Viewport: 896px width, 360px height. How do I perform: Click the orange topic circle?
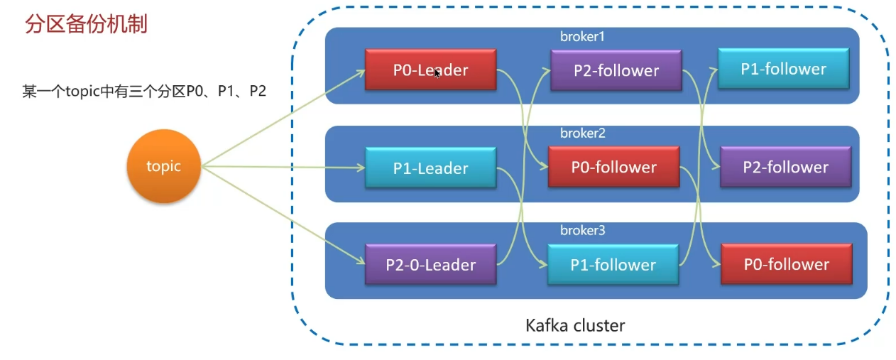tap(164, 167)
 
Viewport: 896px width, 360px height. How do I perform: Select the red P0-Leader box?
tap(430, 70)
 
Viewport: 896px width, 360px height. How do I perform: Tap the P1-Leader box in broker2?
tap(430, 168)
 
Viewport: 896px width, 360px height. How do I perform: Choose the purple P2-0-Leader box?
tap(430, 265)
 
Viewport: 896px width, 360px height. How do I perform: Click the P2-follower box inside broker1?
tap(616, 70)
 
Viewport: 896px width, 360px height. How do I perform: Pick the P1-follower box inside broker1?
tap(783, 69)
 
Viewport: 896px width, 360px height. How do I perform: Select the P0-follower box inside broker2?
tap(613, 167)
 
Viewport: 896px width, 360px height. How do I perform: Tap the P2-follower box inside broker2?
tap(785, 168)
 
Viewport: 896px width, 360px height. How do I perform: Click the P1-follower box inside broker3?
tap(613, 265)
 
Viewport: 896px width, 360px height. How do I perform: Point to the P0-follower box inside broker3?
tap(786, 264)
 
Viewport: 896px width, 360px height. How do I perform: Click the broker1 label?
tap(582, 36)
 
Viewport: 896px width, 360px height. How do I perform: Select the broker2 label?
tap(582, 133)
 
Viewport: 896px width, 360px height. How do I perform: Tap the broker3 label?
tap(582, 231)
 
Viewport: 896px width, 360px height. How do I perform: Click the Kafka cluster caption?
tap(575, 326)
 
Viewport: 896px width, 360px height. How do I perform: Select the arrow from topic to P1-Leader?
tap(284, 168)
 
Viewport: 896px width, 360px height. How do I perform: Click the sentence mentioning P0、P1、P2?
tap(144, 92)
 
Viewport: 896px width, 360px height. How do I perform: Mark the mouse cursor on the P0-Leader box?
tap(437, 73)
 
